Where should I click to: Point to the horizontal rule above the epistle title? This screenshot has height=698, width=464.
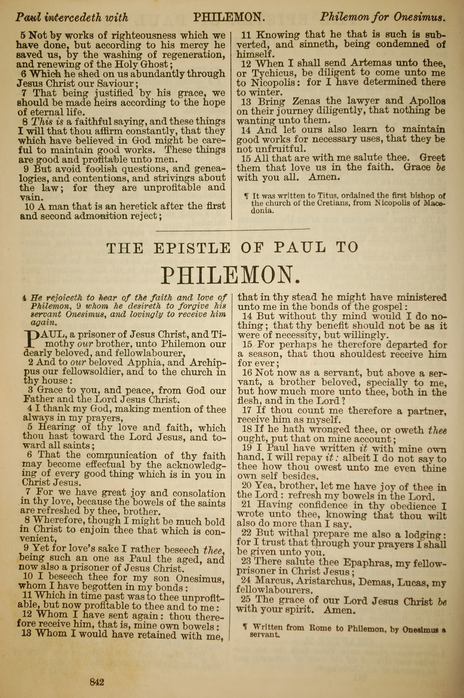(233, 229)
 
